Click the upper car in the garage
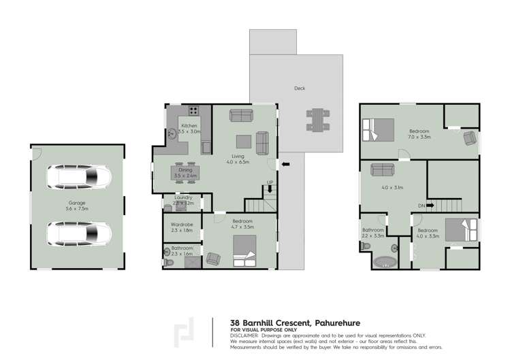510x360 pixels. (79, 179)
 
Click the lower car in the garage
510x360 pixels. (79, 233)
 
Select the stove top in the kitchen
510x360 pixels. (193, 110)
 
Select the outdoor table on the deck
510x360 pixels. (317, 119)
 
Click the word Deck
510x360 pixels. (300, 88)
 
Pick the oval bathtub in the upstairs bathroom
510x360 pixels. (386, 261)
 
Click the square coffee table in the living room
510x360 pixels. (244, 141)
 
